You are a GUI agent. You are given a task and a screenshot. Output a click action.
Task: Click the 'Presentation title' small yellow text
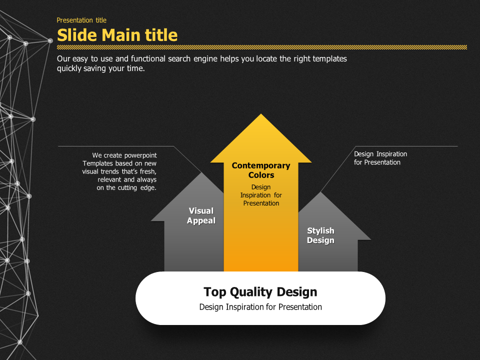click(x=81, y=20)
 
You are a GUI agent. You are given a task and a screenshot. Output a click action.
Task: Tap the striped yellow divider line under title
click(x=262, y=47)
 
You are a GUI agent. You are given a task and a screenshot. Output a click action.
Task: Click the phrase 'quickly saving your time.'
click(x=100, y=69)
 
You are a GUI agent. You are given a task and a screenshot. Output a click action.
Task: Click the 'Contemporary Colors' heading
click(x=261, y=170)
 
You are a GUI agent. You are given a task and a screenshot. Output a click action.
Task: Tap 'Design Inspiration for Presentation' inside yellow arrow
click(x=261, y=195)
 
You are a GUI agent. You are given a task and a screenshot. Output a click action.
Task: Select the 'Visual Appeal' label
click(x=201, y=215)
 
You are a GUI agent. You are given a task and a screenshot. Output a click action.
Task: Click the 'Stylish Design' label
click(x=320, y=235)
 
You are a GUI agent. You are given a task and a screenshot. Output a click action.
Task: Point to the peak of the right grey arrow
click(x=320, y=193)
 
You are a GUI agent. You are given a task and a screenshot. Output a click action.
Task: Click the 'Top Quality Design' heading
click(x=260, y=292)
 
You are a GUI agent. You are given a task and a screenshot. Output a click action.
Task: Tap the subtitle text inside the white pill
click(x=260, y=307)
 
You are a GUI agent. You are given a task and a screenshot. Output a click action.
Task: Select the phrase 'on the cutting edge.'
click(x=126, y=187)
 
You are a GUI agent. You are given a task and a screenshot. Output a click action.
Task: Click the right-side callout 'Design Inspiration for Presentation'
click(x=380, y=158)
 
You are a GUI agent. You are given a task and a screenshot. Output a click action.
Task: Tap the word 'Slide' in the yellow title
click(x=77, y=35)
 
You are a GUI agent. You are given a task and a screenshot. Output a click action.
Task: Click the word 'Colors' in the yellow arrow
click(x=261, y=175)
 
